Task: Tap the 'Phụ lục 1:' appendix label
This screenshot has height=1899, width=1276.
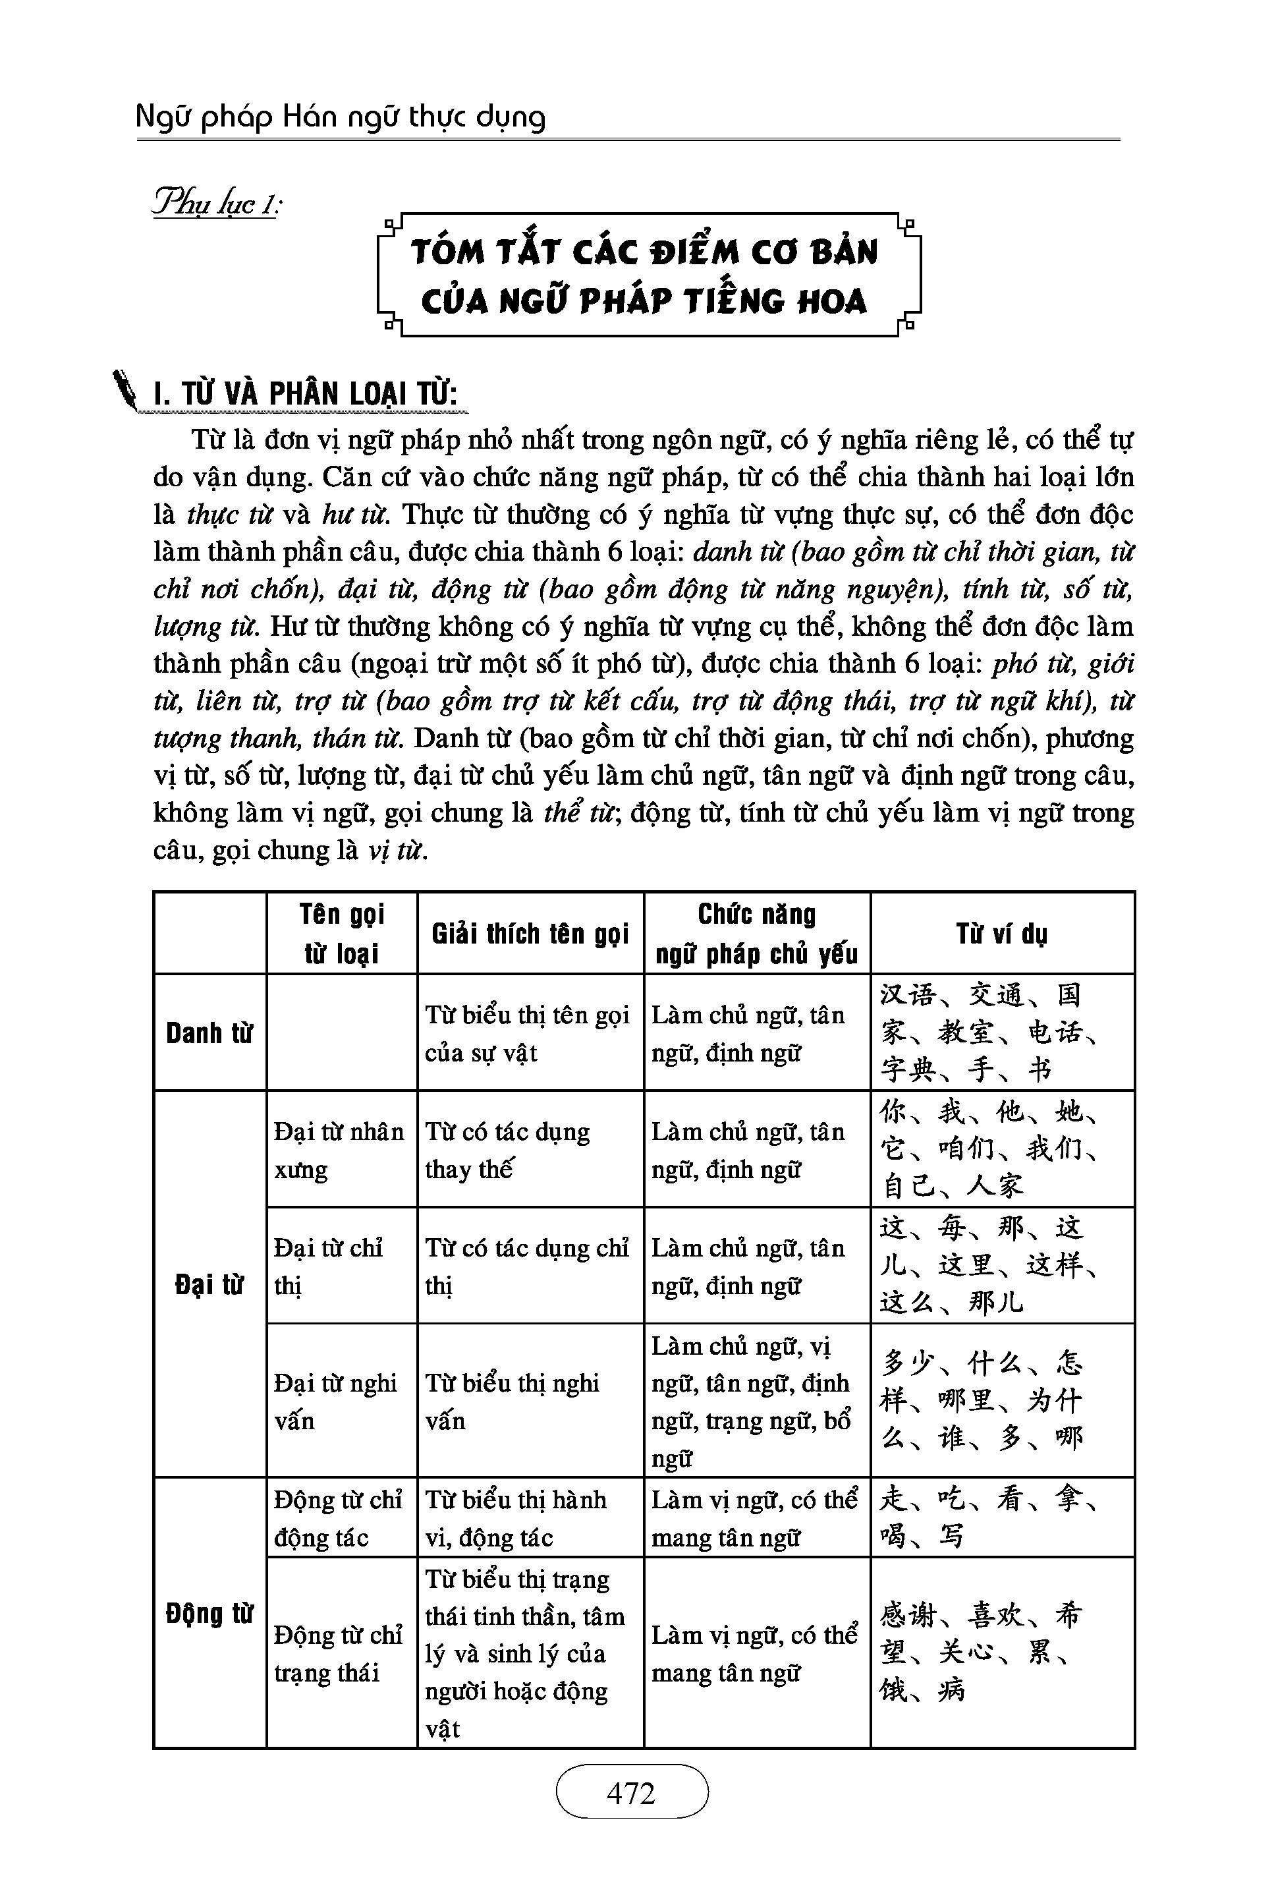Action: pyautogui.click(x=217, y=203)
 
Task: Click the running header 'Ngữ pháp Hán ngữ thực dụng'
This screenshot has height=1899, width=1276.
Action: pyautogui.click(x=340, y=118)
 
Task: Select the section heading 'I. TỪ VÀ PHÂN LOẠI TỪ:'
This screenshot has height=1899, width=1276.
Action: pyautogui.click(x=305, y=395)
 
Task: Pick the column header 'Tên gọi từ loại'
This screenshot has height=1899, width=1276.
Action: pyautogui.click(x=342, y=933)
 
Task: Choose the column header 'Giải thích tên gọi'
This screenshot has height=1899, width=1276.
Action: pyautogui.click(x=530, y=934)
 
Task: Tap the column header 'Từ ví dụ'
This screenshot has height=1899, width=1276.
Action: pyautogui.click(x=1002, y=934)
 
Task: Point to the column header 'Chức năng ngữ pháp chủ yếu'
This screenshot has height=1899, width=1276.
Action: pyautogui.click(x=757, y=934)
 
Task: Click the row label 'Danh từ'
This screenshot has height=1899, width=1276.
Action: pyautogui.click(x=209, y=1033)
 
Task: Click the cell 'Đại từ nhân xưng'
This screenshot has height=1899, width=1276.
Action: pyautogui.click(x=339, y=1150)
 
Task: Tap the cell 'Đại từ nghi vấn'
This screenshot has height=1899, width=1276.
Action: pyautogui.click(x=335, y=1402)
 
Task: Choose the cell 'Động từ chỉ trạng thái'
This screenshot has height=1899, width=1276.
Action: pyautogui.click(x=339, y=1654)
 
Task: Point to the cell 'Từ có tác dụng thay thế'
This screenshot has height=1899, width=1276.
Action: pyautogui.click(x=508, y=1150)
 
